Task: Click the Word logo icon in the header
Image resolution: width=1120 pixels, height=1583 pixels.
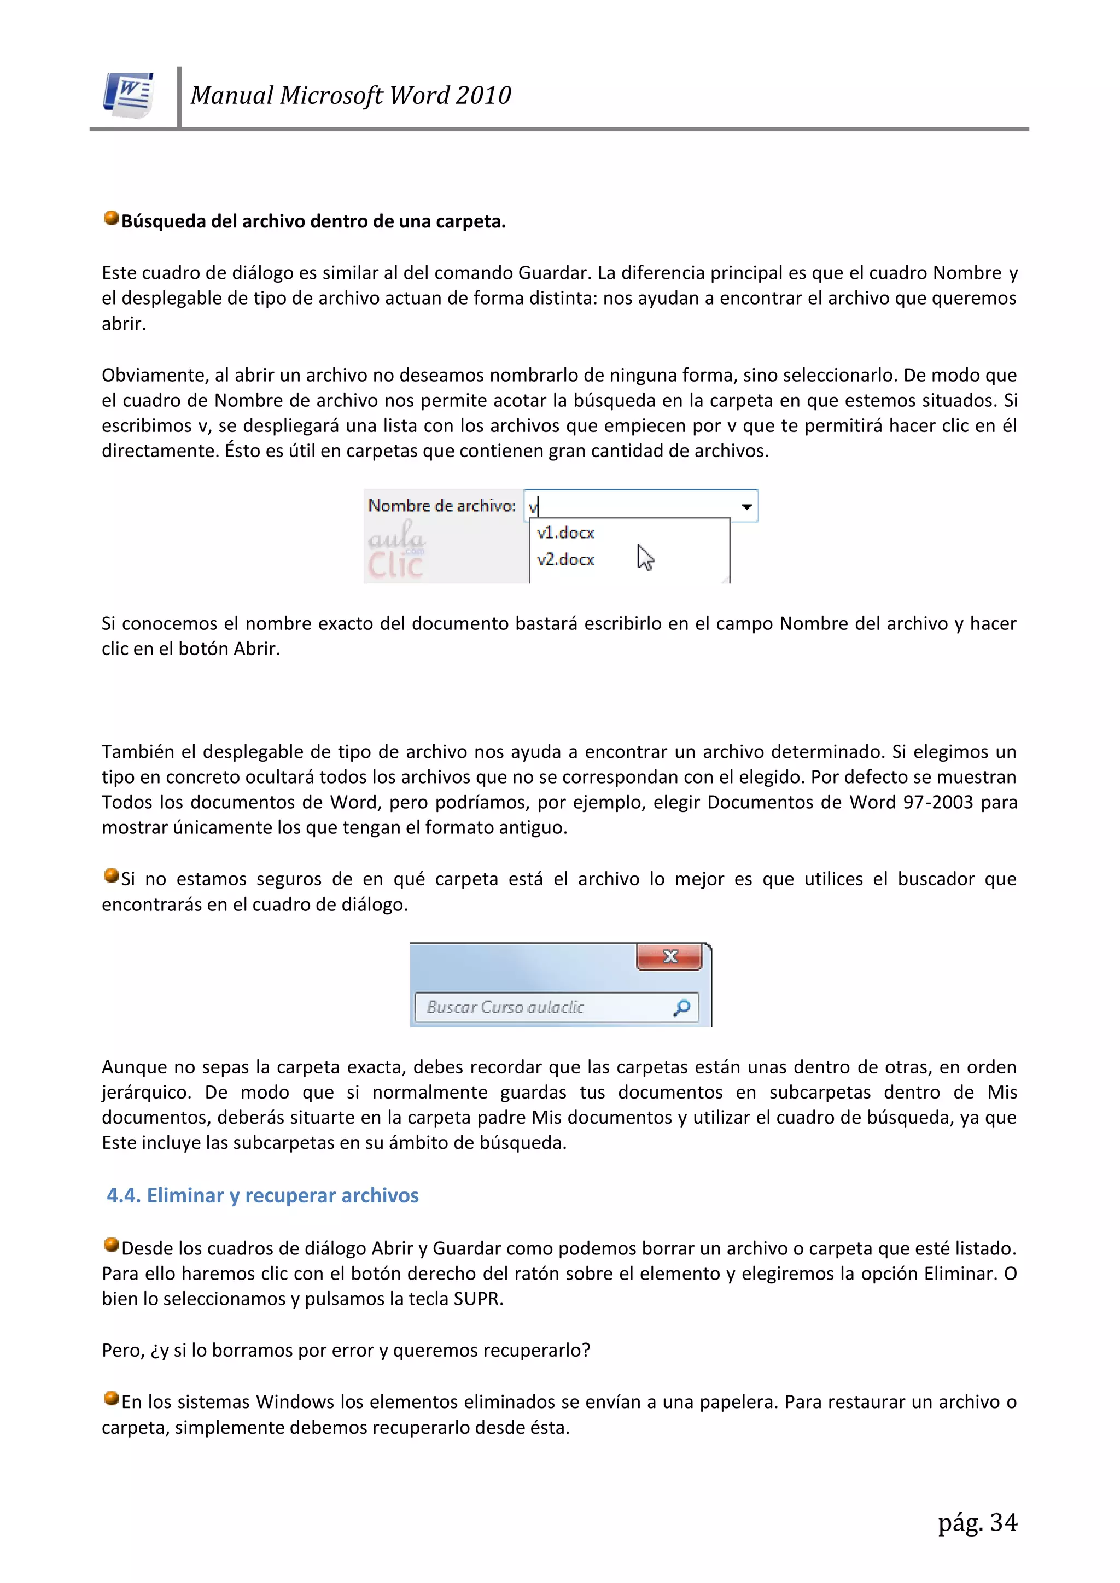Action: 129,95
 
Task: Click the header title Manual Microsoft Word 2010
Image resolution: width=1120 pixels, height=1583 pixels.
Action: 351,95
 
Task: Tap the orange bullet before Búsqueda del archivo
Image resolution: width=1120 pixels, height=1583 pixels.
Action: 111,219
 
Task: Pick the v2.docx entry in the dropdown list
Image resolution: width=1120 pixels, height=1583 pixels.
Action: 565,560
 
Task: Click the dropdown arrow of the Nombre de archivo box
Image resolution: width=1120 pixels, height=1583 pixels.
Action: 746,507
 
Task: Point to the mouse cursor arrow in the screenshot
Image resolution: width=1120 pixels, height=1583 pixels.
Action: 645,557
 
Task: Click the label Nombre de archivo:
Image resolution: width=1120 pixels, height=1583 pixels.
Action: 441,506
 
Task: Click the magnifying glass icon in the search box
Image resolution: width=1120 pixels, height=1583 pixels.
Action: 681,1008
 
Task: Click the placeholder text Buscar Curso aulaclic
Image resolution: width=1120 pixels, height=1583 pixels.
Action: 505,1008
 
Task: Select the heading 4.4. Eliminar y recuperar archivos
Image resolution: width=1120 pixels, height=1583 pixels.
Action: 262,1195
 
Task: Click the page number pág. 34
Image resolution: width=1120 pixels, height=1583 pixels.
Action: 977,1522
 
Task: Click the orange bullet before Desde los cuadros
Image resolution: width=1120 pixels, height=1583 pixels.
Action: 111,1245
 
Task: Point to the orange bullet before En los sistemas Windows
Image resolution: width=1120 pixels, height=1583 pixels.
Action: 111,1399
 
